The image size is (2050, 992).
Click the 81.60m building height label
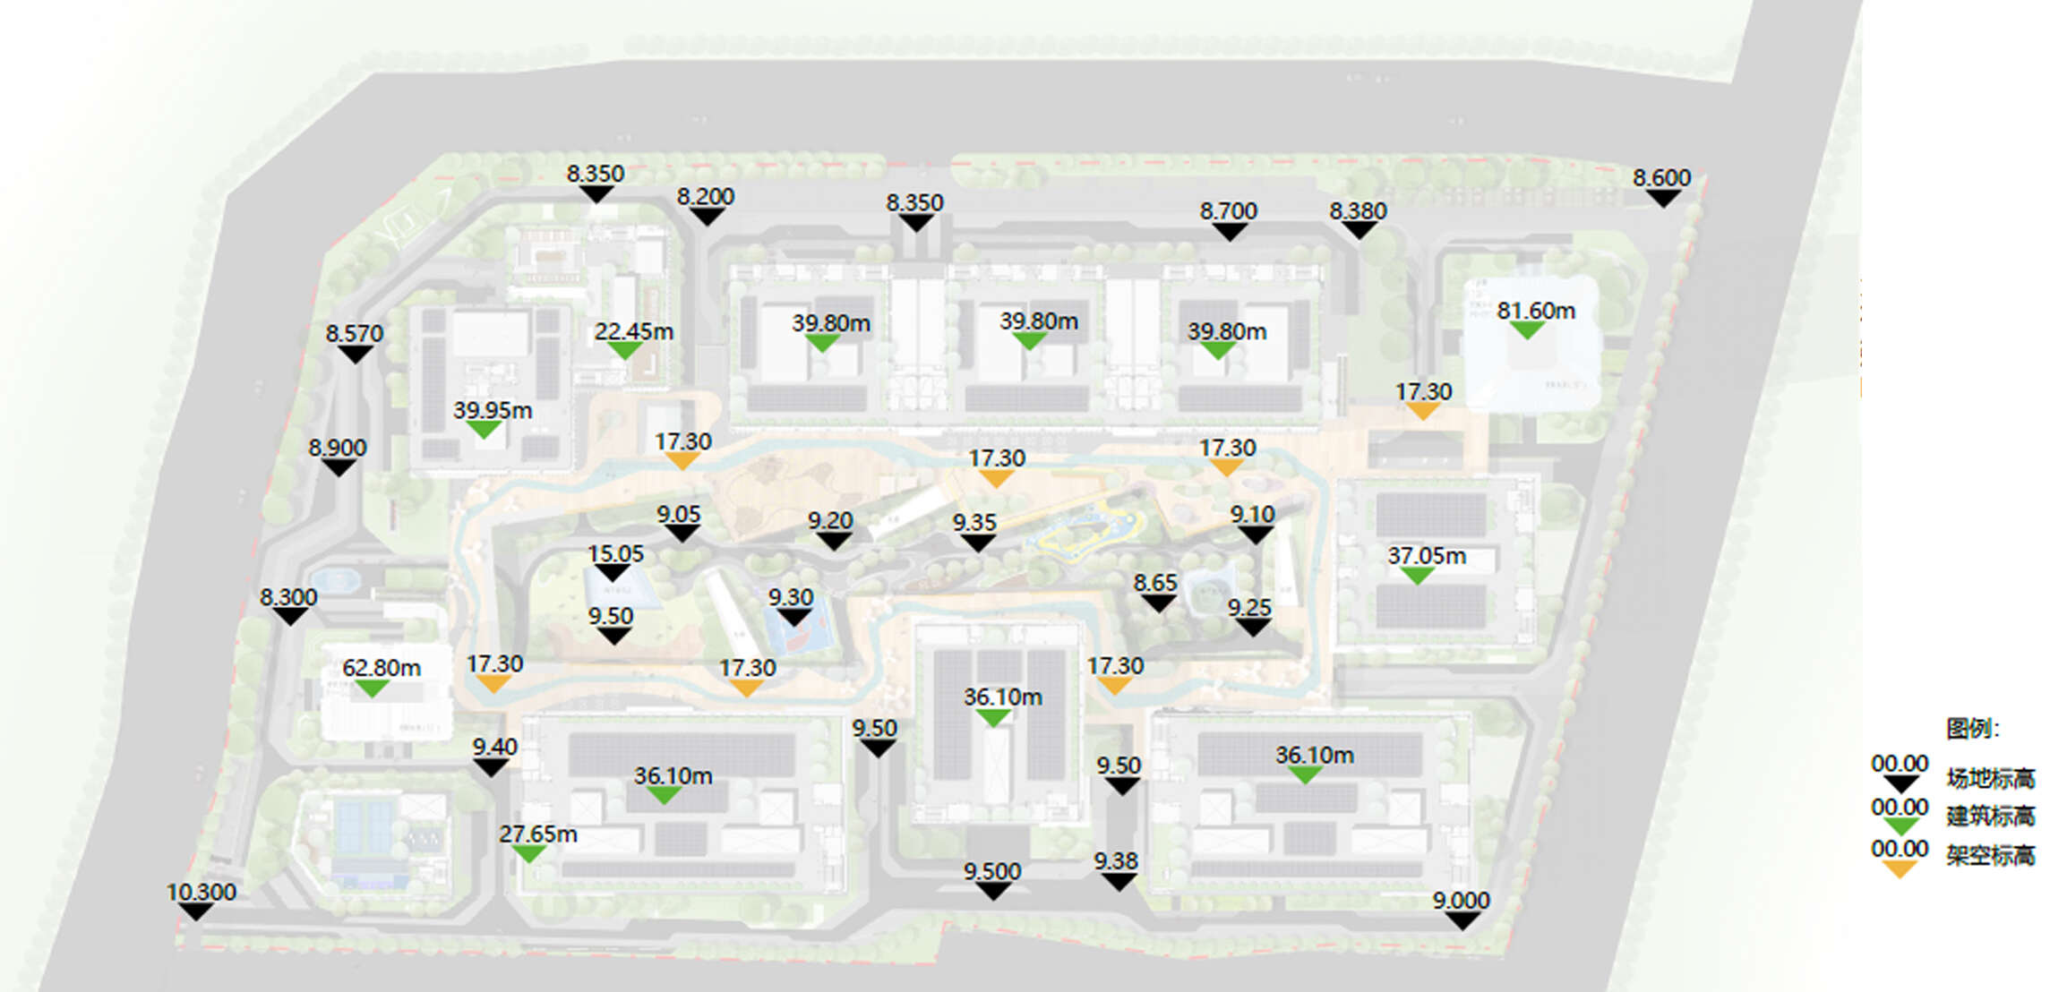point(1535,311)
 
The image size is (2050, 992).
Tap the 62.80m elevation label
point(381,668)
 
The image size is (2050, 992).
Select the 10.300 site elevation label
point(201,892)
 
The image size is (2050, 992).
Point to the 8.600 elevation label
point(1661,177)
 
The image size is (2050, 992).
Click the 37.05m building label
point(1427,556)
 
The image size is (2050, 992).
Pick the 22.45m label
point(633,331)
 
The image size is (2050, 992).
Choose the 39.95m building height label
point(492,410)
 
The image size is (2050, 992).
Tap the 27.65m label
point(537,834)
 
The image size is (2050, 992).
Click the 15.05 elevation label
point(615,553)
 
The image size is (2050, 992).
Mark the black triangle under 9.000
point(1462,920)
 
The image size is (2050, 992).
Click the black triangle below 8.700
point(1229,232)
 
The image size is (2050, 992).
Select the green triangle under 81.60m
point(1526,330)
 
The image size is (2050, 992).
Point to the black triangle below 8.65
point(1158,603)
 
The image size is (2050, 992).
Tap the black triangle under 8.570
point(355,355)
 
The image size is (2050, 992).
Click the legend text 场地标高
point(1990,778)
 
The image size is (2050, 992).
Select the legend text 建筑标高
point(1990,816)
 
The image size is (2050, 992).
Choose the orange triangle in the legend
point(1899,868)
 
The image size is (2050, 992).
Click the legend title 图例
point(1971,728)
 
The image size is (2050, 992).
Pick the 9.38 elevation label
point(1115,860)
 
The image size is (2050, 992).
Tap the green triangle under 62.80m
point(371,688)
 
